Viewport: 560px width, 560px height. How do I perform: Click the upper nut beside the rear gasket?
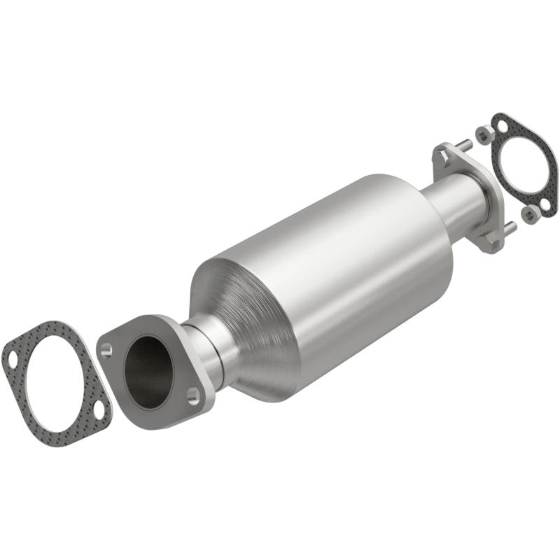[x=483, y=132]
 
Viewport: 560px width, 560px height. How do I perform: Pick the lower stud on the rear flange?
[x=510, y=227]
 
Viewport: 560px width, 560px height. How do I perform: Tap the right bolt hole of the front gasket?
[x=99, y=411]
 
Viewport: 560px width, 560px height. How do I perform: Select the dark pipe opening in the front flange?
[x=148, y=371]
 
